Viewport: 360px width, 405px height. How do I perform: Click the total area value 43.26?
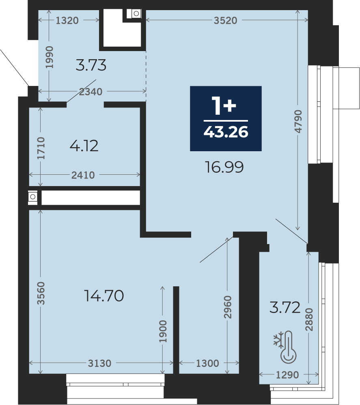(226, 132)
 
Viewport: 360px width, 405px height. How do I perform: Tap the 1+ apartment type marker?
(224, 105)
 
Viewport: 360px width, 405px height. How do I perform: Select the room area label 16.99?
(224, 167)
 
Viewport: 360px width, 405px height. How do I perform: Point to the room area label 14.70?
(104, 296)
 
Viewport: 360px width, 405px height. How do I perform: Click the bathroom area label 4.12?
(84, 146)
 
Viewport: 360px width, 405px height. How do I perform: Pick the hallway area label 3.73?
(91, 65)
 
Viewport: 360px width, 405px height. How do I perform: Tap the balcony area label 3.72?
(285, 307)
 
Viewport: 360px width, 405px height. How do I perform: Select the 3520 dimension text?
(225, 20)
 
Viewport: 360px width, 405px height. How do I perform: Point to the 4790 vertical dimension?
(298, 121)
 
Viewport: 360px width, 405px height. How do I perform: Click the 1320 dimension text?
(67, 20)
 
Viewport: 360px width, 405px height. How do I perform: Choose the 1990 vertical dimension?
(49, 57)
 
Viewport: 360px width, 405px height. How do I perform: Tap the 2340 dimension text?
(91, 92)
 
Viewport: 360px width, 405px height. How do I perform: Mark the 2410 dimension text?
(83, 175)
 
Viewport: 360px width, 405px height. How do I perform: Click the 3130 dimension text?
(99, 363)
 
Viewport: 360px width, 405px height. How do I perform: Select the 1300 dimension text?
(207, 363)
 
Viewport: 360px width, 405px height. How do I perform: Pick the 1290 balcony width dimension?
(287, 375)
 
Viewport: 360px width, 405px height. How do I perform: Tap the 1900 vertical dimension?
(163, 331)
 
